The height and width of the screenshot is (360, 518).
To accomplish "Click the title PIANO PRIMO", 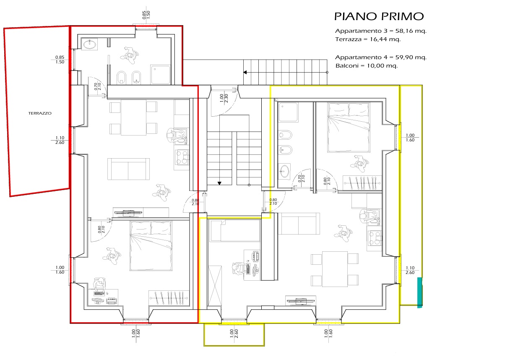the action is tap(379, 16).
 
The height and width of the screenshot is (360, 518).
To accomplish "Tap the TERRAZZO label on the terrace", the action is tap(40, 113).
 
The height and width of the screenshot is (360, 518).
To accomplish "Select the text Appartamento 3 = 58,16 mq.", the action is tap(381, 31).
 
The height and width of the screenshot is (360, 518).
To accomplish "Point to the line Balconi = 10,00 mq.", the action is tap(367, 66).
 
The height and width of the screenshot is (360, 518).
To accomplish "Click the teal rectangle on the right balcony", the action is tap(420, 292).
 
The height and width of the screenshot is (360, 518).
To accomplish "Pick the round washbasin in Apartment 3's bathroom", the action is tap(89, 44).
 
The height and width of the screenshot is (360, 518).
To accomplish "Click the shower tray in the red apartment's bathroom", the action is tap(160, 75).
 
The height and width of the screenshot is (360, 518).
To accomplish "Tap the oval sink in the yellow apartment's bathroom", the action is tap(284, 172).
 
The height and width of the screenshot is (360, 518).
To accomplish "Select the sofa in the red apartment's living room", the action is tap(128, 169).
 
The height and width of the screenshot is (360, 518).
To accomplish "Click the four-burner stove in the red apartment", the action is tap(182, 157).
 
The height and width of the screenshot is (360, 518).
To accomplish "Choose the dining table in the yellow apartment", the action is tap(335, 269).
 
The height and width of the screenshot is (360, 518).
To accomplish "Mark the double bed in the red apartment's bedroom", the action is tap(151, 246).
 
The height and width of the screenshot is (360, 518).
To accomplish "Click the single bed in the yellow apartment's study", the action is tap(235, 231).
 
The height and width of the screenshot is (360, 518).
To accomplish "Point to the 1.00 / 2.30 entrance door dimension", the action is tap(224, 98).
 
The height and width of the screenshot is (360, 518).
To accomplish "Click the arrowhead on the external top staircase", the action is tap(245, 73).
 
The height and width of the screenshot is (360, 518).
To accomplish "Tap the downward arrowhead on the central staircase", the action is tap(219, 183).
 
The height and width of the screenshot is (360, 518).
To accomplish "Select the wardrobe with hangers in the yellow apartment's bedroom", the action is tap(362, 183).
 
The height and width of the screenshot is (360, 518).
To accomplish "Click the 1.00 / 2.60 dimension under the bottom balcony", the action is tap(234, 334).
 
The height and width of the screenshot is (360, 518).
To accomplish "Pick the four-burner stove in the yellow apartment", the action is tap(375, 238).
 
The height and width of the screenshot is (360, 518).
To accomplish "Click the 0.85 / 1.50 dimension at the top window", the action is tap(146, 15).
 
